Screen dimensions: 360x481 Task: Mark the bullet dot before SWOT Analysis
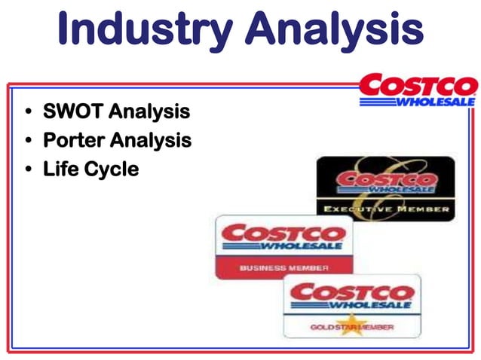tap(29, 113)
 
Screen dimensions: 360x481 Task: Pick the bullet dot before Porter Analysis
tap(29, 141)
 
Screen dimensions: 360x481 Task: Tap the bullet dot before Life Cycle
tap(29, 169)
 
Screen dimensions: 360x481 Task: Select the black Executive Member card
tap(385, 188)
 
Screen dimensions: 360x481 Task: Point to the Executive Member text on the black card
tap(386, 209)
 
